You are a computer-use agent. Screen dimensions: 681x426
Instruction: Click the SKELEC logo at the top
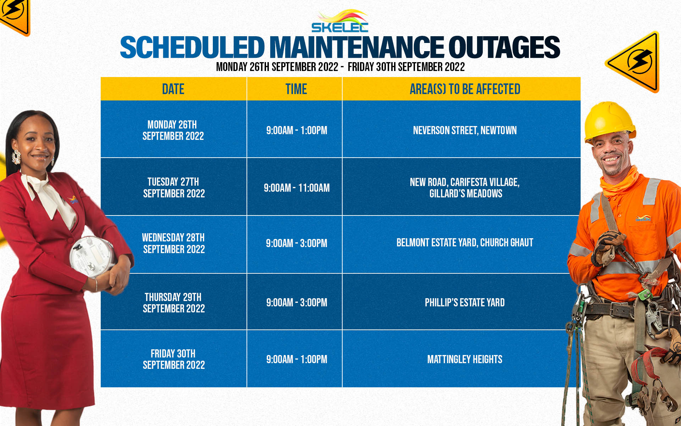click(340, 21)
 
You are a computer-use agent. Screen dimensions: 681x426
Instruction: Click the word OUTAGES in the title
click(504, 48)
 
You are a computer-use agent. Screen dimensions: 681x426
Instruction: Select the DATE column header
click(173, 89)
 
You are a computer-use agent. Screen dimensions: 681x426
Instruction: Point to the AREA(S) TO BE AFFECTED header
click(465, 89)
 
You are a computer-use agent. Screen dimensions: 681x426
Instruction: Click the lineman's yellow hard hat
click(609, 122)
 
